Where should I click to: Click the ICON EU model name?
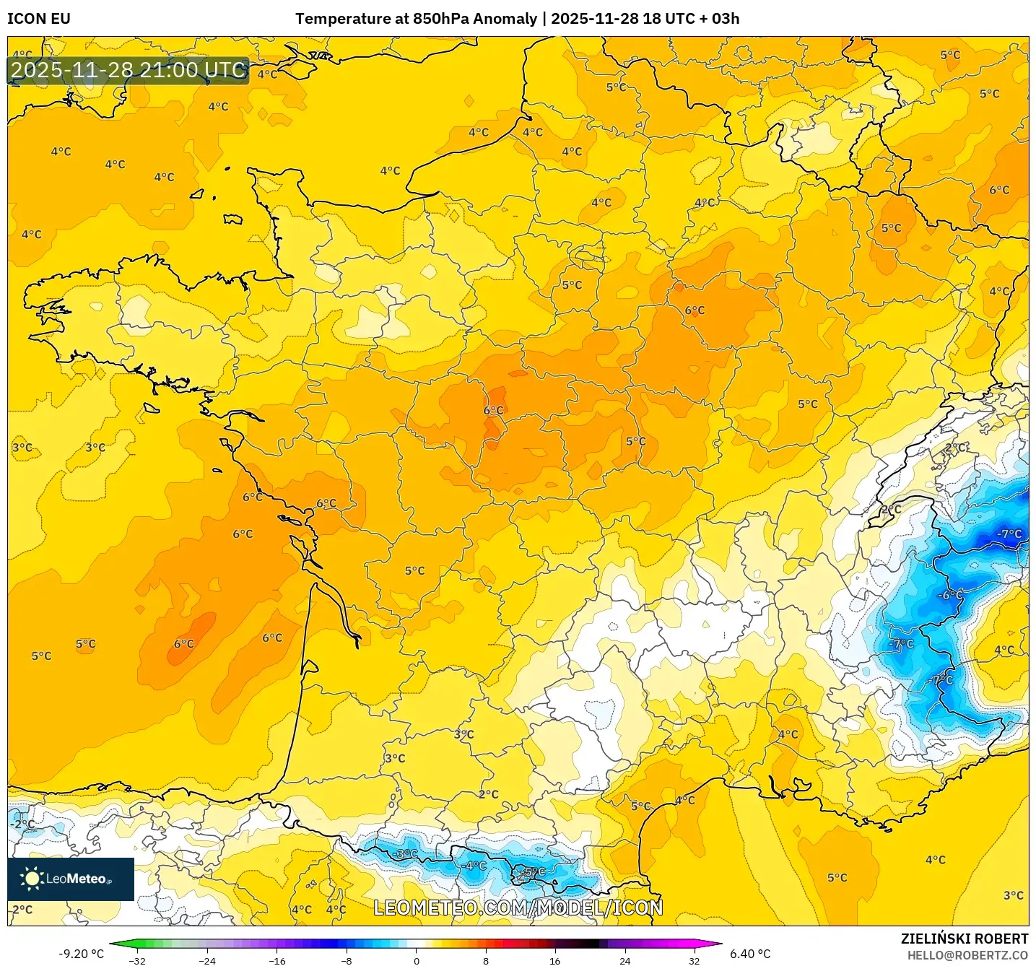pyautogui.click(x=39, y=19)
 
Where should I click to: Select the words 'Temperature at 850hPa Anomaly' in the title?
pyautogui.click(x=416, y=19)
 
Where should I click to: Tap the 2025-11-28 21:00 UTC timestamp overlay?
pyautogui.click(x=129, y=70)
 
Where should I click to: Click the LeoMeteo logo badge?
pyautogui.click(x=71, y=879)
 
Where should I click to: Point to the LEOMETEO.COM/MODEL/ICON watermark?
pyautogui.click(x=518, y=908)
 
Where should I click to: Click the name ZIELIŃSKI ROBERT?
pyautogui.click(x=964, y=939)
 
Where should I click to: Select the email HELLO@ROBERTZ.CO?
pyautogui.click(x=967, y=955)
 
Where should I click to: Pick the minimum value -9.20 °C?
pyautogui.click(x=81, y=954)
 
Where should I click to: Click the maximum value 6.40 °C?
pyautogui.click(x=750, y=954)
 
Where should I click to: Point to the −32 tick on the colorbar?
pyautogui.click(x=137, y=960)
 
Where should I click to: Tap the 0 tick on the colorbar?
pyautogui.click(x=416, y=960)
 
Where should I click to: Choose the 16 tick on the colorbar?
pyautogui.click(x=554, y=960)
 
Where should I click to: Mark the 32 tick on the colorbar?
pyautogui.click(x=694, y=960)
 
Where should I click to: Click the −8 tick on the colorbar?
pyautogui.click(x=347, y=960)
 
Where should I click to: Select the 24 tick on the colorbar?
pyautogui.click(x=624, y=960)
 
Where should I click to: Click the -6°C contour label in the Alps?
pyautogui.click(x=949, y=595)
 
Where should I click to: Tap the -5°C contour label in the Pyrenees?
pyautogui.click(x=534, y=871)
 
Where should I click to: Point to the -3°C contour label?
pyautogui.click(x=406, y=853)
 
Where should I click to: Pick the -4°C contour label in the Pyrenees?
pyautogui.click(x=475, y=865)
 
